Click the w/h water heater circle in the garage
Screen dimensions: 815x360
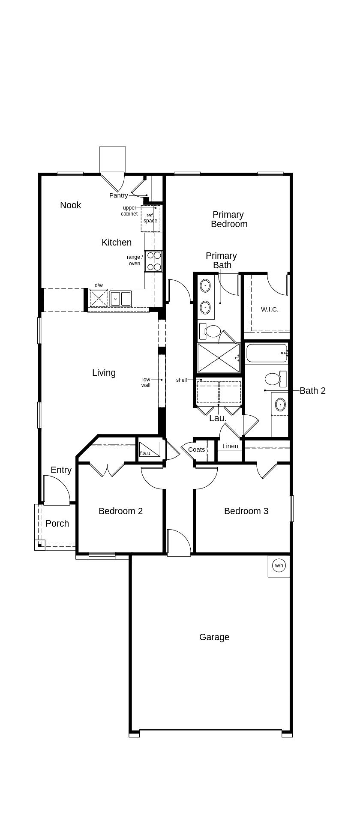pos(279,566)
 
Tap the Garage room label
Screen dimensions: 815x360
pos(214,637)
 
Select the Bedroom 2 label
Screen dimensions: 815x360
pos(120,511)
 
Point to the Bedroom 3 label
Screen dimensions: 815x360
pos(246,511)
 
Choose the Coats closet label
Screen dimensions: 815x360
pos(196,449)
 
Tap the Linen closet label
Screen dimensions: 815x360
pos(230,446)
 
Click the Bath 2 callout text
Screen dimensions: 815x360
pos(312,391)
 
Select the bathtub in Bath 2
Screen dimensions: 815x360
pos(266,353)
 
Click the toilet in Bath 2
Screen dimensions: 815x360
pos(275,378)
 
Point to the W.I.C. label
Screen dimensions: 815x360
pos(270,309)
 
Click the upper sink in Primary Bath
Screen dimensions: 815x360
pos(206,285)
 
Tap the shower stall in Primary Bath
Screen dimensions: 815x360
pos(219,358)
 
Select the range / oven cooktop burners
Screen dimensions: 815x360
pos(153,261)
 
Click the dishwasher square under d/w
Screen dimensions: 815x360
pos(99,298)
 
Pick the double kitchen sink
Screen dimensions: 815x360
pos(120,298)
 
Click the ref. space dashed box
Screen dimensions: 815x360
pos(150,219)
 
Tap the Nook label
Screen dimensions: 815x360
pos(70,205)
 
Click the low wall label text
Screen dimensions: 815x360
pos(146,382)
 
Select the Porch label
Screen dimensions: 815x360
pos(57,524)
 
